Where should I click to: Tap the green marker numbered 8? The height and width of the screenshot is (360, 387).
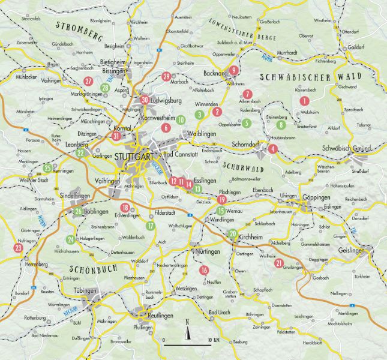(281, 125)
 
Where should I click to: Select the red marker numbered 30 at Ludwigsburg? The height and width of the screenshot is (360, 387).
(144, 100)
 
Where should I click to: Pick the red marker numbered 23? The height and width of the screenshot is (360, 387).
(18, 247)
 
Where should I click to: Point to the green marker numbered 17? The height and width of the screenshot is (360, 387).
(151, 226)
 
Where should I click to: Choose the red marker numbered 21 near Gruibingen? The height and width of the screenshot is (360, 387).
(278, 263)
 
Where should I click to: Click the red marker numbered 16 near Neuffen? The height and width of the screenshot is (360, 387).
(204, 270)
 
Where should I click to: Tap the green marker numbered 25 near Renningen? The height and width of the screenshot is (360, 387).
(47, 167)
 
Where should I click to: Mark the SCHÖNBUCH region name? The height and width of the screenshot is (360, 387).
(93, 269)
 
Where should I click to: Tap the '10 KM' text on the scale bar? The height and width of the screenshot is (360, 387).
(214, 340)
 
